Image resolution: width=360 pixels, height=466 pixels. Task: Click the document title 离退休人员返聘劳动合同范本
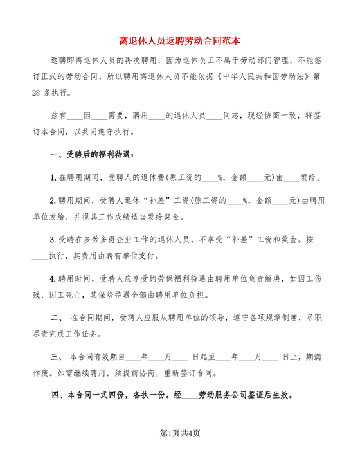[180, 40]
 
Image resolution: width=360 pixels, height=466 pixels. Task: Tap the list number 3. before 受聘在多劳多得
[54, 239]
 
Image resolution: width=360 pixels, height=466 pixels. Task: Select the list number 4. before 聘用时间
[54, 278]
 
